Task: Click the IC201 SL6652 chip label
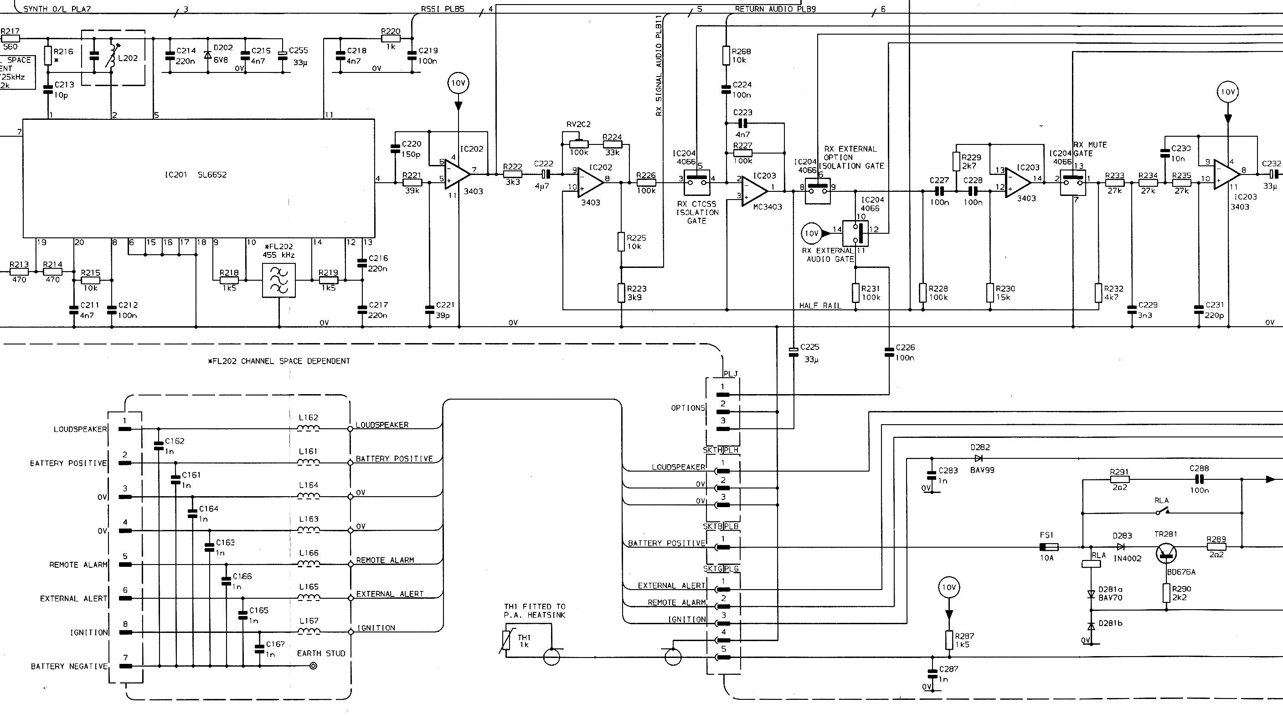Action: [196, 175]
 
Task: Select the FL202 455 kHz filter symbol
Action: [278, 281]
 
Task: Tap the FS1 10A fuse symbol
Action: [1048, 547]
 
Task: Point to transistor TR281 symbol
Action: [1166, 553]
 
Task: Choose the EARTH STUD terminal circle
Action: [313, 666]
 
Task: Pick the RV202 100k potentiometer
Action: [578, 144]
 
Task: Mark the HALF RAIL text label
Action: [820, 306]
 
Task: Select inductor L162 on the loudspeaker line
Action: [309, 428]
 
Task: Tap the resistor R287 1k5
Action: [949, 640]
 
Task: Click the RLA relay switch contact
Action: [1162, 511]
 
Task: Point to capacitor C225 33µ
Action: [794, 352]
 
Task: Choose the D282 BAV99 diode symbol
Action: [978, 458]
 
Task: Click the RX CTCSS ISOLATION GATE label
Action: [697, 213]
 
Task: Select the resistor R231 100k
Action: [855, 293]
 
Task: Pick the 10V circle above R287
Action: [949, 588]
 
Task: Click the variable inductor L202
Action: [112, 57]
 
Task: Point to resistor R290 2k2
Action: [1166, 593]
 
